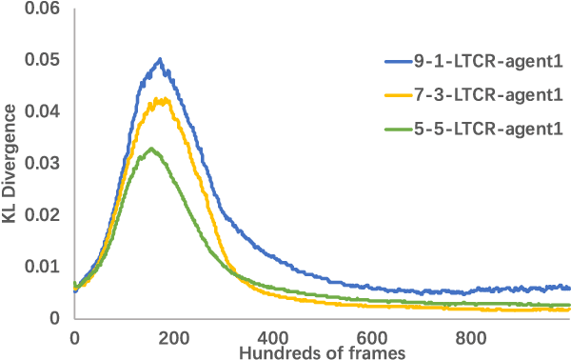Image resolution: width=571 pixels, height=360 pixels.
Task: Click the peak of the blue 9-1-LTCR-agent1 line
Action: pos(161,59)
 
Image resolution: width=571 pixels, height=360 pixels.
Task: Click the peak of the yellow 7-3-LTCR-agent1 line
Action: pos(163,99)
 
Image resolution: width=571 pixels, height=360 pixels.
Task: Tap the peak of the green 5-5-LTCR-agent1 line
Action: pos(150,149)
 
